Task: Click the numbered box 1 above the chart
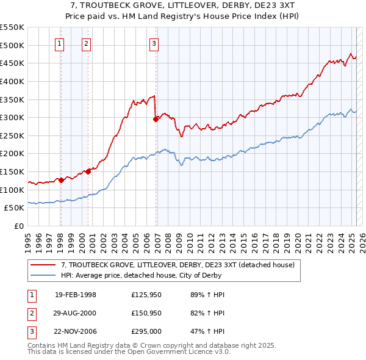60,43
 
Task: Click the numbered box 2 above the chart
87,43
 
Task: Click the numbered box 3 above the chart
154,43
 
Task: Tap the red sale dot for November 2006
156,119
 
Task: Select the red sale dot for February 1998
61,180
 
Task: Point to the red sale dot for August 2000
88,171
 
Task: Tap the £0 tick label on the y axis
20,226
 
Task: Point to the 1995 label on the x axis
28,238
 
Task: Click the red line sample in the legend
43,265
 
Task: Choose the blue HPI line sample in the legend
43,275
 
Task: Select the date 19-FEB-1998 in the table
76,295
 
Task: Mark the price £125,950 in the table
146,295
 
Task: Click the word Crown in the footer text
168,345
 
